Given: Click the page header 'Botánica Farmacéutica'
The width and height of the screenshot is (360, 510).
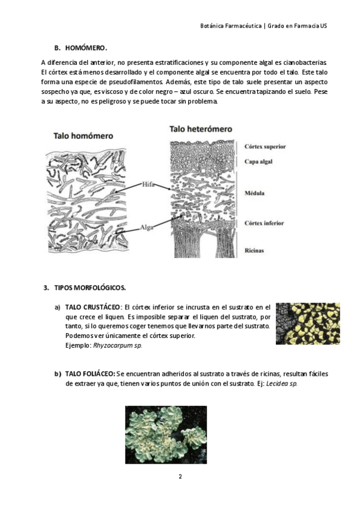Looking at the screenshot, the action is point(231,26).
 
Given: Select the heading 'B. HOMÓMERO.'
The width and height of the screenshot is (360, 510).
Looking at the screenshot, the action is point(81,48).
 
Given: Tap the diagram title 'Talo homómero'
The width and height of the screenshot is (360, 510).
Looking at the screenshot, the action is point(83,136).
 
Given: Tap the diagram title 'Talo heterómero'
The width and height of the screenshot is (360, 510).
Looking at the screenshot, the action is point(201,129).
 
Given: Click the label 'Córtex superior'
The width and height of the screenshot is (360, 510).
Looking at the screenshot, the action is point(265,146).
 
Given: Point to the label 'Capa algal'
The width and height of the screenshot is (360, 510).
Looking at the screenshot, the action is point(258,161).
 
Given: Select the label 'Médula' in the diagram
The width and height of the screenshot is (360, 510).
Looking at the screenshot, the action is point(254,193).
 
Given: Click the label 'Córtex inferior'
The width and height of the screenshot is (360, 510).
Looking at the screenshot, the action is point(264,223).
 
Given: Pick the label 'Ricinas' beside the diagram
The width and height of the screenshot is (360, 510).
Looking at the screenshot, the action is point(254,250).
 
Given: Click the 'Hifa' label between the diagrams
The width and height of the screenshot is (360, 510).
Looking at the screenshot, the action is point(148,185).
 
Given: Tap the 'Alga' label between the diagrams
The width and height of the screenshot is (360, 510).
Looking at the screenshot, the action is point(146,228).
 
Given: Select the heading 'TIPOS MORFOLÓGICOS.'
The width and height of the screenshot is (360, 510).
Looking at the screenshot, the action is point(90,288).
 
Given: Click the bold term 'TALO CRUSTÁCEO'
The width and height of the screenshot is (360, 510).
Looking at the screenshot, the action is point(93,307).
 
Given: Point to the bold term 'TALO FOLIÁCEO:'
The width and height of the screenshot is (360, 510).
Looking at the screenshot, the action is point(90,373).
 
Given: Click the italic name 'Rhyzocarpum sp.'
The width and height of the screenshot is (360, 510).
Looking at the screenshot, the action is point(118,345).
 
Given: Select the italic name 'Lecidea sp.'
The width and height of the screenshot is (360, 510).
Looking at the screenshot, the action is point(282,384).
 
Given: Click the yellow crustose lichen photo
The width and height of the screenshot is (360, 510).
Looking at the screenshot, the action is point(308,324).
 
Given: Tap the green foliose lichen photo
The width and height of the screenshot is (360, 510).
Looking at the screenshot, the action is point(166,435).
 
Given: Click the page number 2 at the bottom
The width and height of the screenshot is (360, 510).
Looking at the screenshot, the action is point(180,477).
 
